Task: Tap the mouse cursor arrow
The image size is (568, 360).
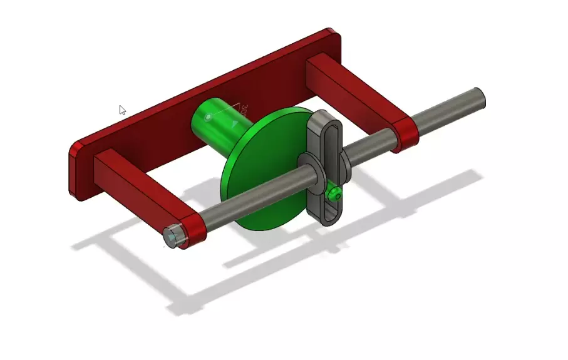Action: (122, 110)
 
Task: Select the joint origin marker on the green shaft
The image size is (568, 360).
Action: (209, 116)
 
